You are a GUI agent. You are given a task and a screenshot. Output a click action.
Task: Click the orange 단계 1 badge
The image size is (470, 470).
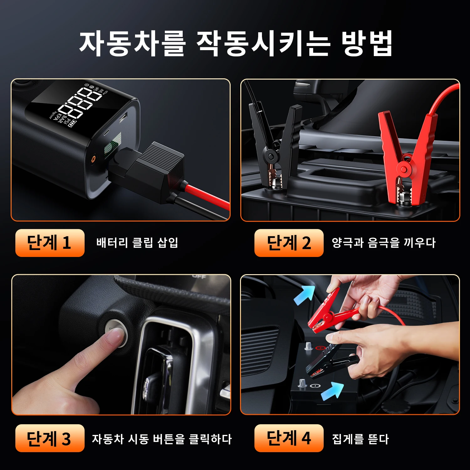[x=50, y=243]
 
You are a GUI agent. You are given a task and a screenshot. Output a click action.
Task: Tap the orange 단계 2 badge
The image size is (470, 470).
[x=289, y=243]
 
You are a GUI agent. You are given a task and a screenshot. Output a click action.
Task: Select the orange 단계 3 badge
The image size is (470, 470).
[x=50, y=438]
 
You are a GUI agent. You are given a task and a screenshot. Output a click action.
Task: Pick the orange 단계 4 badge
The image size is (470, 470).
[x=289, y=438]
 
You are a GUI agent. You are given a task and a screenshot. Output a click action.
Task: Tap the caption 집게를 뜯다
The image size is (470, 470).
[x=360, y=439]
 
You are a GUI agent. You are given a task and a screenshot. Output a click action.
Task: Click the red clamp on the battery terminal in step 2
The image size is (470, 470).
[x=406, y=157]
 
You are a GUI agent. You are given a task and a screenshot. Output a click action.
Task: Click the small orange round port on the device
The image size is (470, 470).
[x=93, y=159]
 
